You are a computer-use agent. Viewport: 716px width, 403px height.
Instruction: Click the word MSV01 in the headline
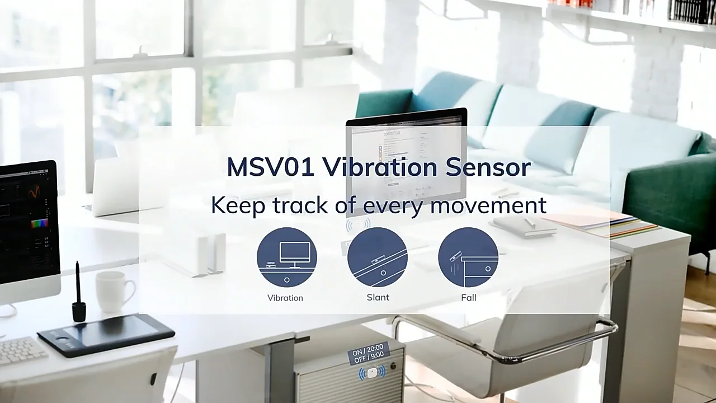(270, 167)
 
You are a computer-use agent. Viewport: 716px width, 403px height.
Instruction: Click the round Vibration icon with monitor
(287, 257)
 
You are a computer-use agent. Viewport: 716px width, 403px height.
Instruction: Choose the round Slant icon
(378, 257)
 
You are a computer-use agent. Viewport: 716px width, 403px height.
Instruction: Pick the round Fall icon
(468, 257)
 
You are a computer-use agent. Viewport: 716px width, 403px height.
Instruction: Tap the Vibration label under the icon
(285, 298)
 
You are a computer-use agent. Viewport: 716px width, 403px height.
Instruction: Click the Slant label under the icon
(378, 297)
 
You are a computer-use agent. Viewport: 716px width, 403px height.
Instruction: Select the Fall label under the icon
(469, 297)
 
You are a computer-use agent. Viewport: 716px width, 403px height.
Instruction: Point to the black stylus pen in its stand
(78, 294)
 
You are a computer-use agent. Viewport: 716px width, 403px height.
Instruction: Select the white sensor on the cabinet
(372, 373)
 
